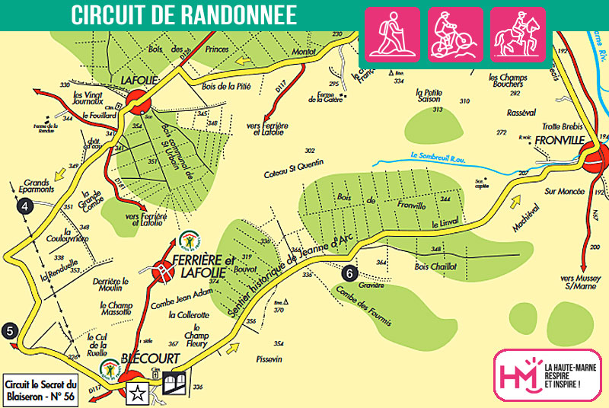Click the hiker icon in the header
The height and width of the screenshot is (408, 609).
pos(393,34)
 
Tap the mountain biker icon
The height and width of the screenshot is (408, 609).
pos(455,34)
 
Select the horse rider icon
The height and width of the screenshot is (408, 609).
pos(518,34)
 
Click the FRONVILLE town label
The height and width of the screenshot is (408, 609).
pos(558,141)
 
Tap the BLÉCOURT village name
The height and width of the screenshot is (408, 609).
pos(150,358)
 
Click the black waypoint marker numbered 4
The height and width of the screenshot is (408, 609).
pos(26,205)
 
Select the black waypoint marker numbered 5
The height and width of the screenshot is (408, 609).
pos(10,330)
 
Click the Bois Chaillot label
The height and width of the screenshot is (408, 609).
pos(435,267)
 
